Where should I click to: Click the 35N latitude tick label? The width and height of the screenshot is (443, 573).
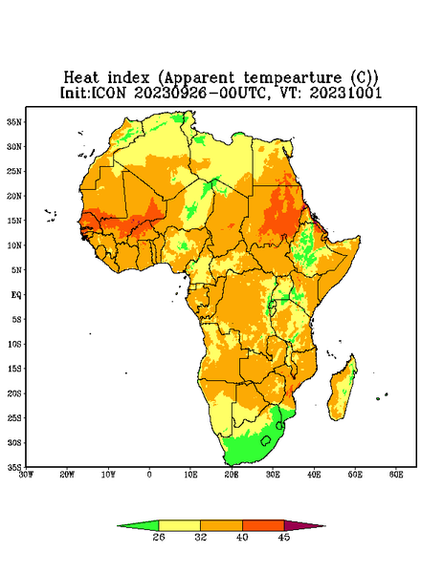(14, 121)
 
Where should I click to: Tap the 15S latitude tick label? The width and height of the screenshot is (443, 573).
(14, 369)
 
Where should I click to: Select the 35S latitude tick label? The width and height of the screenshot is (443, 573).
(14, 467)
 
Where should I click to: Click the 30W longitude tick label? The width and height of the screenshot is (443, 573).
(26, 475)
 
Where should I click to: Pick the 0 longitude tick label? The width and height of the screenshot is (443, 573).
(149, 475)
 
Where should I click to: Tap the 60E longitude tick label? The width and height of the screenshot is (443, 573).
(396, 475)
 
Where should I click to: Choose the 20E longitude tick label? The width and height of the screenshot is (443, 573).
(232, 475)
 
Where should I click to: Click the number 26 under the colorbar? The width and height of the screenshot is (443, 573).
(159, 537)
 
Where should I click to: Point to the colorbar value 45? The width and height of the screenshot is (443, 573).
(284, 537)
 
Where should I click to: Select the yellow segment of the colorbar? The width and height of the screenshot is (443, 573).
(179, 525)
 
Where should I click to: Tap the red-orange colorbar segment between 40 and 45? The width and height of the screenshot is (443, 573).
(263, 525)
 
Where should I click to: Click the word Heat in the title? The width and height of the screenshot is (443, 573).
(81, 78)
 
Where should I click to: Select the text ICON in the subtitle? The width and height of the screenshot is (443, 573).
(108, 93)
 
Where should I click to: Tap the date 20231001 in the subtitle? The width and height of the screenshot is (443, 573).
(345, 93)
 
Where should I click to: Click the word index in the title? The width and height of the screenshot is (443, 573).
(128, 78)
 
